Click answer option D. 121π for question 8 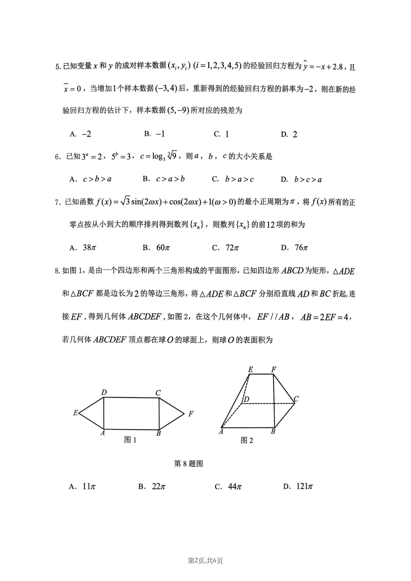point(298,486)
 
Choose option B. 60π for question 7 point(156,247)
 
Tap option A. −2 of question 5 point(81,134)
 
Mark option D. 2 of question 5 point(289,134)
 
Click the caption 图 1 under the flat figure point(130,440)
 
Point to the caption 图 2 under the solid point(247,440)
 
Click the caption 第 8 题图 point(188,463)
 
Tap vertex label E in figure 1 point(75,413)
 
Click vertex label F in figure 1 point(191,414)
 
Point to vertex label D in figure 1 point(104,393)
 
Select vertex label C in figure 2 point(296,399)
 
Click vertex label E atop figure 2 point(250,369)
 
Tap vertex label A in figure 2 point(221,431)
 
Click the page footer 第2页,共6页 point(205,560)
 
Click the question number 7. point(57,202)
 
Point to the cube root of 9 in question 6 point(172,156)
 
